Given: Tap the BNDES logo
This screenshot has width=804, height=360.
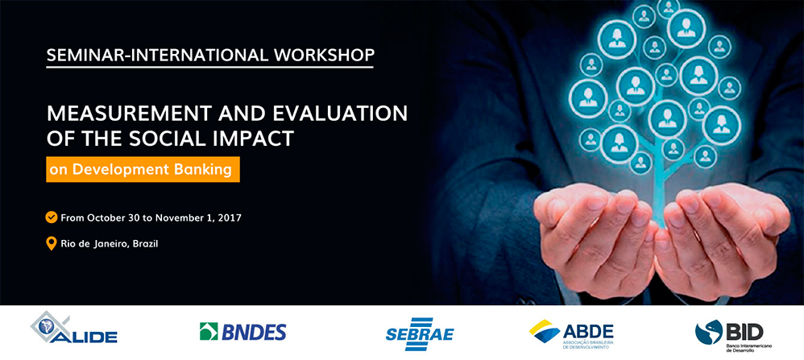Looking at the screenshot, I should (x=242, y=332).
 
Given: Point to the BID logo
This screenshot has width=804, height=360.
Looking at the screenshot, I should (x=729, y=333).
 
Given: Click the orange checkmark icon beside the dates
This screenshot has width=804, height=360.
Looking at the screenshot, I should (x=52, y=217).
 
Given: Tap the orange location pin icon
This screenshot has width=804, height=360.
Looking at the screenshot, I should (x=52, y=242).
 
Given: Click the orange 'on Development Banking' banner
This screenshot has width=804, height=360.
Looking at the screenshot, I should (x=143, y=169).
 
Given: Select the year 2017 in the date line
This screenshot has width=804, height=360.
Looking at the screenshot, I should (x=229, y=217).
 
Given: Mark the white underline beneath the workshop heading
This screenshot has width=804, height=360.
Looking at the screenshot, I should (x=209, y=68).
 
